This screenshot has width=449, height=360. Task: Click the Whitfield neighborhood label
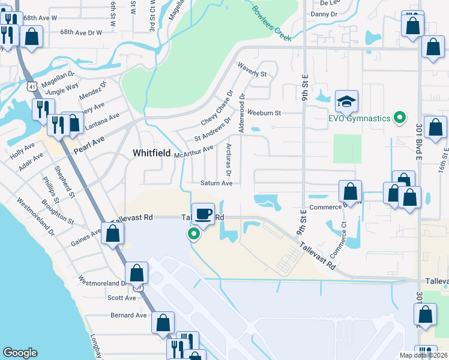[151, 154]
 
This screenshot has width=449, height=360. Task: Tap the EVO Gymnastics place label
[359, 118]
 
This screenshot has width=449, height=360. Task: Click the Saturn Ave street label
[217, 184]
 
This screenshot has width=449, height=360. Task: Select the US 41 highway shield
[31, 87]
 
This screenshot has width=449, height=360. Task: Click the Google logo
[20, 353]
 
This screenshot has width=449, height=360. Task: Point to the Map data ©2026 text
[423, 355]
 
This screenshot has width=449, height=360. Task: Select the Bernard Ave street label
[128, 315]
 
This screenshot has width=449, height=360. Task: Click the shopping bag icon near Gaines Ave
[113, 233]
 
